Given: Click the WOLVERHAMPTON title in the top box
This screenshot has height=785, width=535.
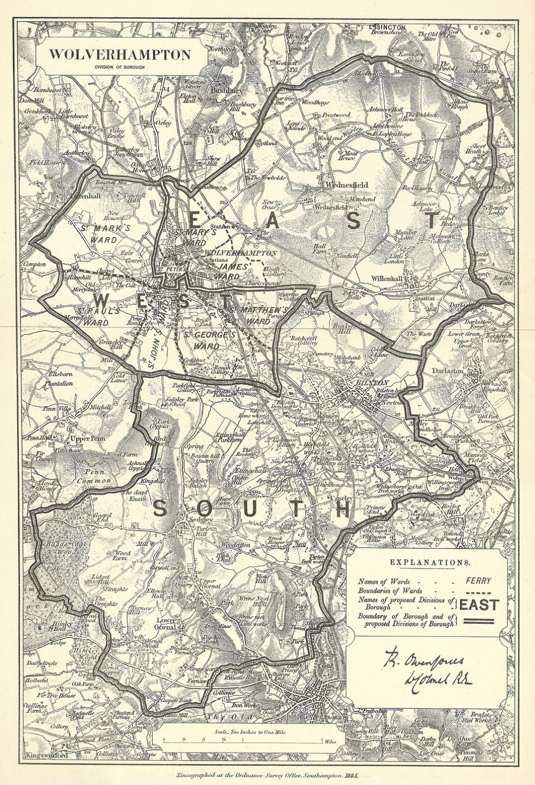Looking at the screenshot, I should (120, 55).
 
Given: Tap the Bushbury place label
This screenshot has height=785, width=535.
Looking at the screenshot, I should (223, 92).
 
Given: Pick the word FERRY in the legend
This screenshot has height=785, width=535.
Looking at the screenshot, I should (478, 580).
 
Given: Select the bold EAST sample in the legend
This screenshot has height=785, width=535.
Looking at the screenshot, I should (479, 605).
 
